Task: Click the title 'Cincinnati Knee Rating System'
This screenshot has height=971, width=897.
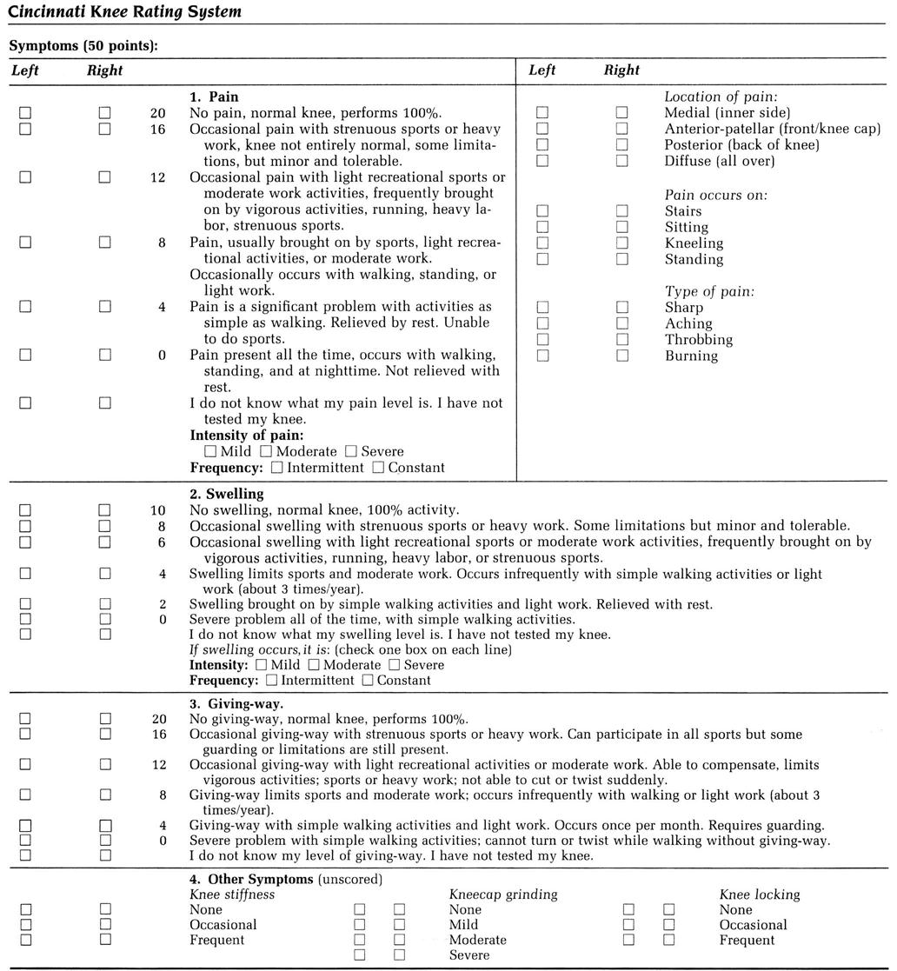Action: (x=124, y=12)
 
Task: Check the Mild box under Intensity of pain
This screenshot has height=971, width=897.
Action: (x=210, y=451)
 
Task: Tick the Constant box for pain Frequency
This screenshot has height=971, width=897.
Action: (x=378, y=468)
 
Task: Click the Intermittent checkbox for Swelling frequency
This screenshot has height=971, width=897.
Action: (x=272, y=681)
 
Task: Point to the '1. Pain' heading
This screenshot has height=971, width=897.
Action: (x=214, y=96)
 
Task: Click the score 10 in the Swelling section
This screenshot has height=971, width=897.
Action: (x=157, y=510)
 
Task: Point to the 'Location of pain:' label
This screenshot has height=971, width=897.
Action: (x=721, y=96)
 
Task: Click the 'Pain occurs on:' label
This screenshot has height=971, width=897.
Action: (x=716, y=195)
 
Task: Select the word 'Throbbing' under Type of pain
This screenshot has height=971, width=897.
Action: (x=698, y=339)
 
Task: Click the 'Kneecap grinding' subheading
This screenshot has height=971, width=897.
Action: (x=503, y=894)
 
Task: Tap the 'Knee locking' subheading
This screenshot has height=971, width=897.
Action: (x=759, y=894)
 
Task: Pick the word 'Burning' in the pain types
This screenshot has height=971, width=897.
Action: (x=691, y=356)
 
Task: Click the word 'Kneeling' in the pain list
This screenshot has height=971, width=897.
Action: (x=694, y=243)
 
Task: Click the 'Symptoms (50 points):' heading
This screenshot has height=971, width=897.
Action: (x=83, y=44)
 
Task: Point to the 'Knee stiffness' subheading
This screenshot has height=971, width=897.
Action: (x=232, y=894)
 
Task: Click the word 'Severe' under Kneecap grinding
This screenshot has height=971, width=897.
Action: (x=469, y=955)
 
